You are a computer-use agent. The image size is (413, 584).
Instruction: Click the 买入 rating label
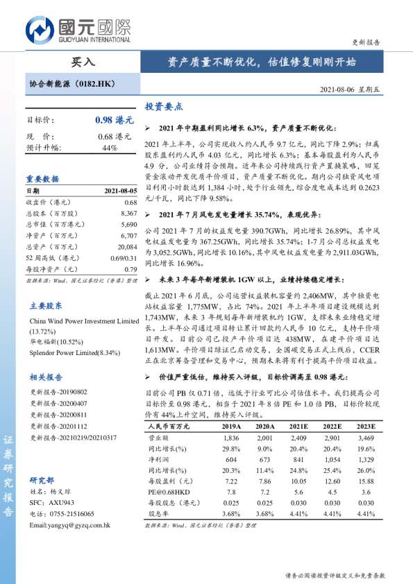(83, 62)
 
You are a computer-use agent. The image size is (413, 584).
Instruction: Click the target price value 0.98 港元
(112, 120)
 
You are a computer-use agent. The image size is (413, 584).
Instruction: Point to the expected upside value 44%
(110, 148)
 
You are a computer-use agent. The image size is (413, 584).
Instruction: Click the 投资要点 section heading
(164, 107)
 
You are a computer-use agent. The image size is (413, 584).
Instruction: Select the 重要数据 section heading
(43, 178)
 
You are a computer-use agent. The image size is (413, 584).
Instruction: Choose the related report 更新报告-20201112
(58, 428)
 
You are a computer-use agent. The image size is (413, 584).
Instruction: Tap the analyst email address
(70, 525)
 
